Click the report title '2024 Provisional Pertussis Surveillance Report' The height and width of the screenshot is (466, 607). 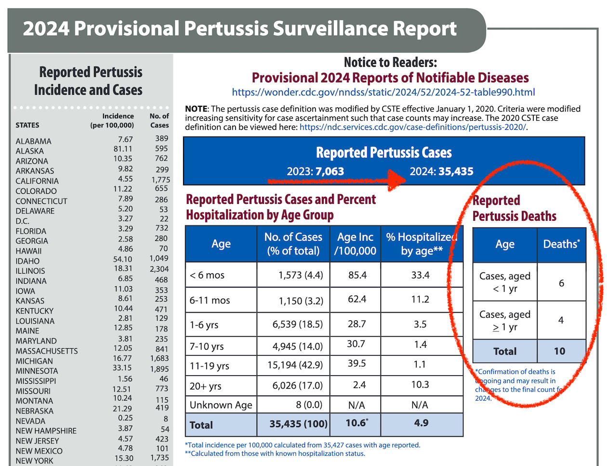[x=239, y=29]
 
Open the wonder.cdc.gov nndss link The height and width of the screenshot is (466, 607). [x=383, y=92]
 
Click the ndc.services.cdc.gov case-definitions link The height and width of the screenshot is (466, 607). [x=412, y=127]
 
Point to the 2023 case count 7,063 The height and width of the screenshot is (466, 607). [x=330, y=172]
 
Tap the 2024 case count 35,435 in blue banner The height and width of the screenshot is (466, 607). [x=455, y=172]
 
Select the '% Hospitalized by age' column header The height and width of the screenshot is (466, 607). [x=422, y=244]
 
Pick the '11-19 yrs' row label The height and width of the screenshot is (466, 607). [x=209, y=366]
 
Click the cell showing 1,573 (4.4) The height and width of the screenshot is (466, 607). [x=300, y=275]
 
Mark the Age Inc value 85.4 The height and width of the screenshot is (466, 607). [x=357, y=275]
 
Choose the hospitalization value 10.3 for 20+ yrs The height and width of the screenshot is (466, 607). [x=420, y=385]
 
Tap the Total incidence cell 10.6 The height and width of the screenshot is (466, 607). [x=356, y=423]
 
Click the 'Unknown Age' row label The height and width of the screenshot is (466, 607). [x=221, y=405]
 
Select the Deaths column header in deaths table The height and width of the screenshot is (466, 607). [x=561, y=244]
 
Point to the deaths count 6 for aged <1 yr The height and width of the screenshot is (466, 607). [x=561, y=283]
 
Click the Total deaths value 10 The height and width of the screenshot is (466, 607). [x=559, y=352]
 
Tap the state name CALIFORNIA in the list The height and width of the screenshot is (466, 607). [x=37, y=181]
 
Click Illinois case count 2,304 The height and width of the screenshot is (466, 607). [x=159, y=269]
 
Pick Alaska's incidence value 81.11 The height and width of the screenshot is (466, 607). [x=123, y=149]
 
